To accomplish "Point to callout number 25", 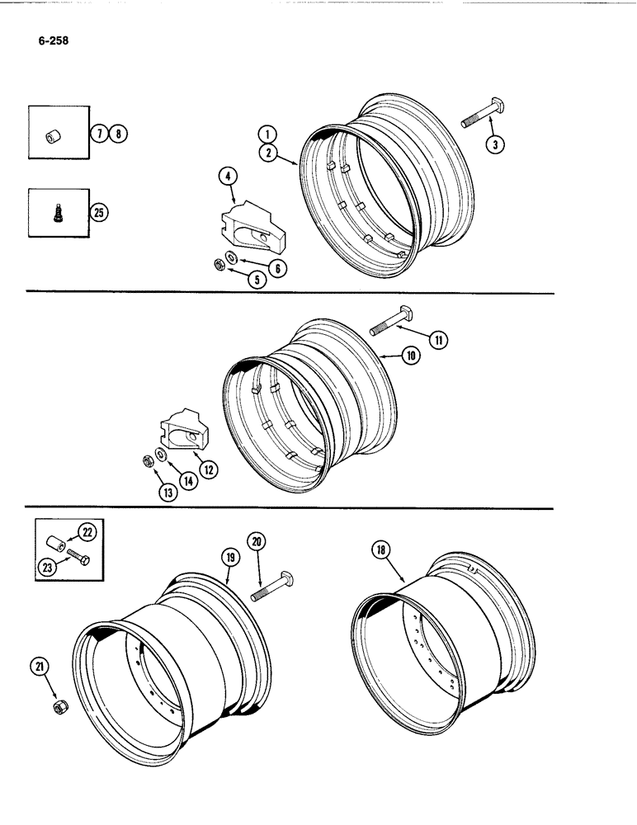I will pyautogui.click(x=98, y=212).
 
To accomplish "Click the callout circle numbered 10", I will pyautogui.click(x=411, y=356).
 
